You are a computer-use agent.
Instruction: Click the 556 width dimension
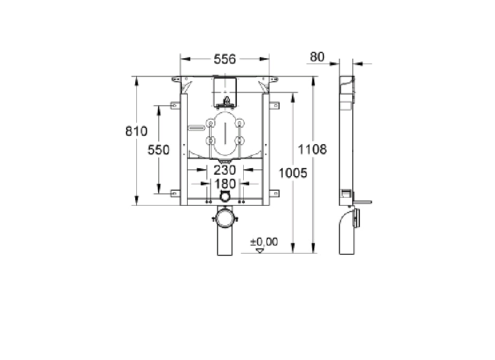225,59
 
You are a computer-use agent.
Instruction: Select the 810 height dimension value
136,131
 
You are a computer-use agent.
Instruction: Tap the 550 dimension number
158,150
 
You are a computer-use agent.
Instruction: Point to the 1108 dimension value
312,149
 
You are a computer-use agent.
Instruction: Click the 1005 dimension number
292,173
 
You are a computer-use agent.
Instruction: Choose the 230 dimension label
225,170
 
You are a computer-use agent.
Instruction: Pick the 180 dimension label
225,183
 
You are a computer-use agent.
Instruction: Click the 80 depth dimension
317,57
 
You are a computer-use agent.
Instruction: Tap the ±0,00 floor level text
264,242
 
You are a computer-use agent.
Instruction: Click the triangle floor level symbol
260,251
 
